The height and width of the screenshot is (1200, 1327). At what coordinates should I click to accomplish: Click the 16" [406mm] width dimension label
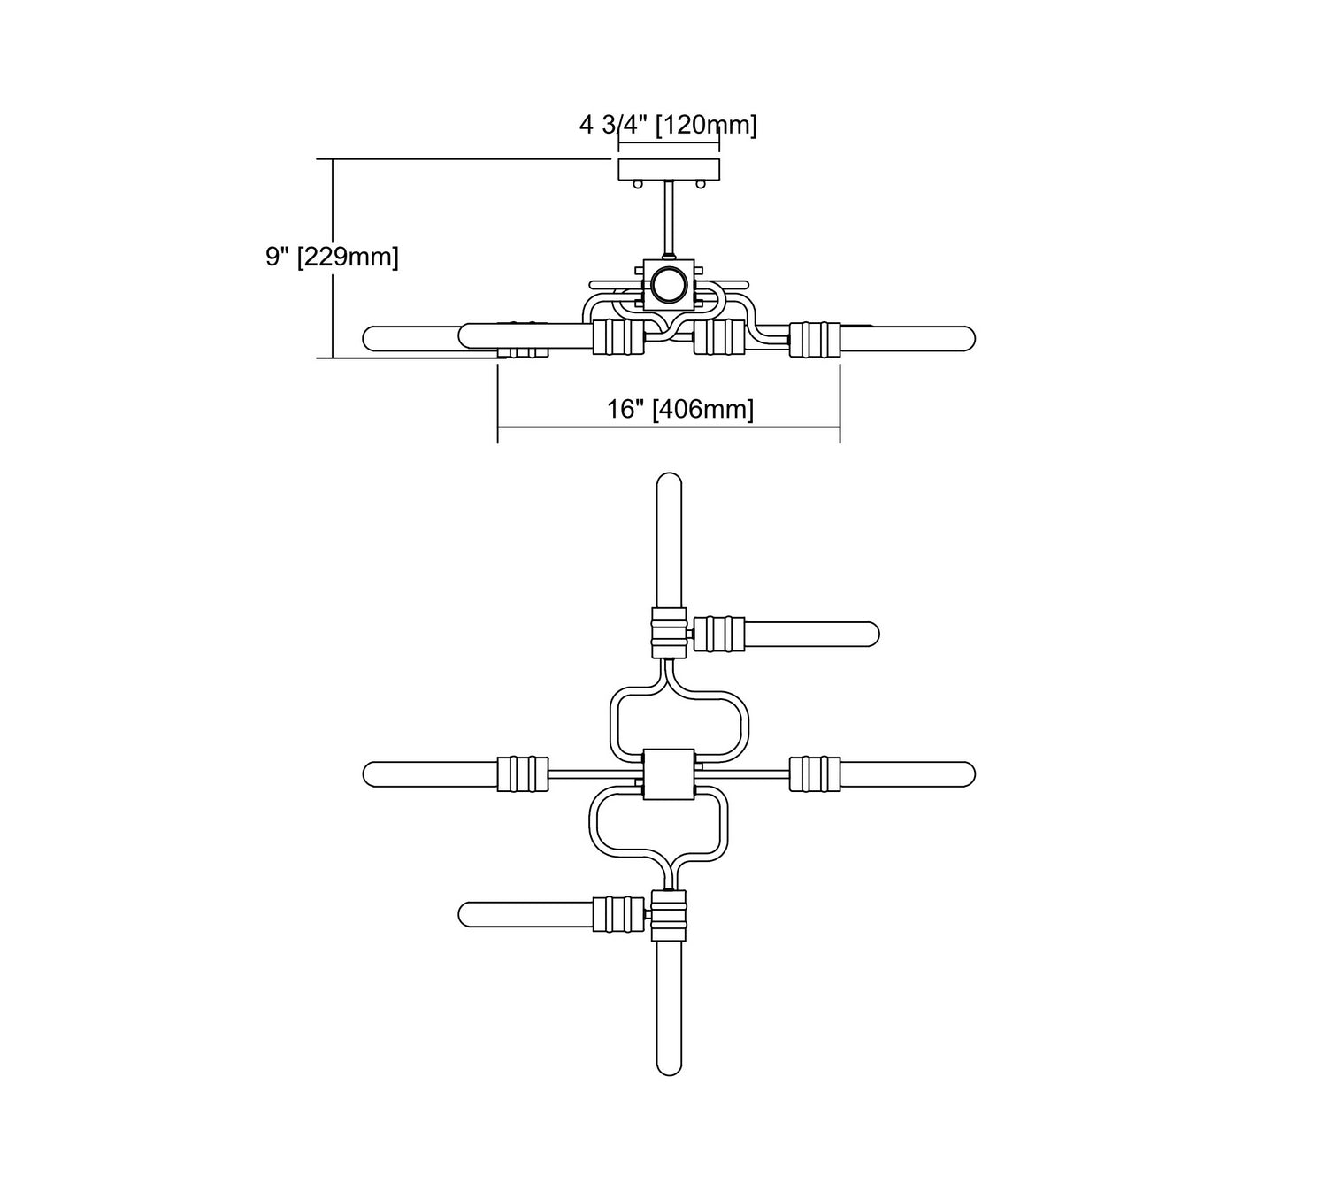click(680, 409)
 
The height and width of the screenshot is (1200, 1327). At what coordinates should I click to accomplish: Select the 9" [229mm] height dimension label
click(332, 257)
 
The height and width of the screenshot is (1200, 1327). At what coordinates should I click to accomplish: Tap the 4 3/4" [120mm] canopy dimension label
click(668, 125)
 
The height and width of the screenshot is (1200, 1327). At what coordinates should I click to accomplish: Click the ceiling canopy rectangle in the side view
click(669, 169)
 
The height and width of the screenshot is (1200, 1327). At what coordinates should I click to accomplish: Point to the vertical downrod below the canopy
click(670, 219)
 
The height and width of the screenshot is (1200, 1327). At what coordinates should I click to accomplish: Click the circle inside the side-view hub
click(669, 285)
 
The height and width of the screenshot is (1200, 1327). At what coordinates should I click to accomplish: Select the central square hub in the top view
click(669, 773)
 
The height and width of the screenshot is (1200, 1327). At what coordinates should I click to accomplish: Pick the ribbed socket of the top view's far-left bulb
click(523, 773)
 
